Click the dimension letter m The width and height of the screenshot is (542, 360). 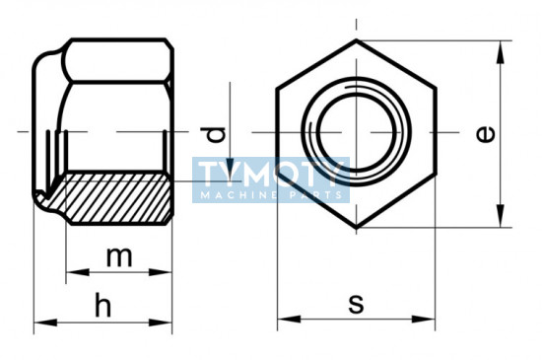[x=119, y=257]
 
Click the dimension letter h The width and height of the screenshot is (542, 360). [x=103, y=305]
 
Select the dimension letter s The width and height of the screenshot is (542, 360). [x=356, y=304]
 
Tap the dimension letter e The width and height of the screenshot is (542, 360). [x=486, y=134]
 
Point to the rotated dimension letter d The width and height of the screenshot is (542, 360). [x=213, y=134]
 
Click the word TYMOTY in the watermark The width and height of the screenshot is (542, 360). [x=271, y=174]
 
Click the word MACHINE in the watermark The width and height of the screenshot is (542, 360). [x=239, y=195]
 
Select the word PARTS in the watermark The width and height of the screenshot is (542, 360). [x=315, y=195]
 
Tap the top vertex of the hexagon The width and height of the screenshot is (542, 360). [x=357, y=40]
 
